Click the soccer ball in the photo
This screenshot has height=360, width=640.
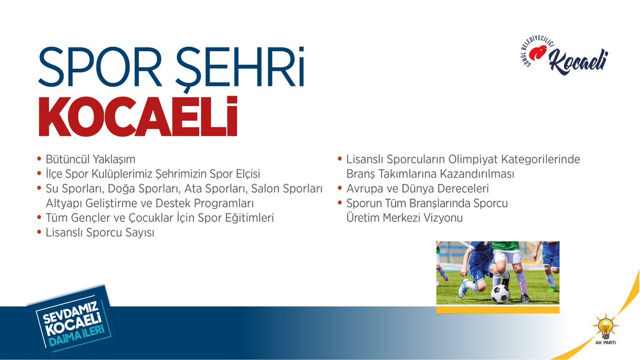pos(500,293)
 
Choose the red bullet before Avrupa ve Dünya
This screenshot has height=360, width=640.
pos(341,189)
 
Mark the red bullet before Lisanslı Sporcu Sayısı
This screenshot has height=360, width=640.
pos(39,233)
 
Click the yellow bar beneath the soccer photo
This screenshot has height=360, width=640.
pos(497,309)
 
